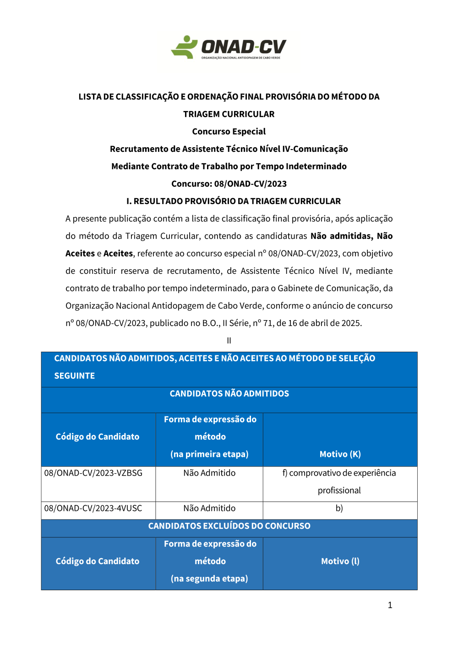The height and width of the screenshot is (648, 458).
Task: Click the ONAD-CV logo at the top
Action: coord(229,47)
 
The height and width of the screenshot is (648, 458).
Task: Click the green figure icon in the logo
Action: coord(184,47)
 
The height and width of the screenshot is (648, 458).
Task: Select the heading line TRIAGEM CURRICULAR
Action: coord(229,114)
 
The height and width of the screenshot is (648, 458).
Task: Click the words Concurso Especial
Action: coord(229,132)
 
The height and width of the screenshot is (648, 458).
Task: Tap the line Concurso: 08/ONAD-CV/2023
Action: coord(229,184)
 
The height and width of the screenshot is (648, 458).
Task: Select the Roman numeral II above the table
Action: coord(229,341)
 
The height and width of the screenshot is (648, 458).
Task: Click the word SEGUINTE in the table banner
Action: coord(75,376)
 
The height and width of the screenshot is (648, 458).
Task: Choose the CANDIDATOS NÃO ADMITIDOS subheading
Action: coord(229,394)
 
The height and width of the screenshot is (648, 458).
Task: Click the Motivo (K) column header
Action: coord(340,454)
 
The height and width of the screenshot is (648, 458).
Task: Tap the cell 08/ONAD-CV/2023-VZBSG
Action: coord(93,473)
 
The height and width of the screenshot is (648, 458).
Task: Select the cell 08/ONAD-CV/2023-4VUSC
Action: coord(93,509)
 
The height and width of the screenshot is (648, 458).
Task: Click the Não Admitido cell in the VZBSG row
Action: coord(209,473)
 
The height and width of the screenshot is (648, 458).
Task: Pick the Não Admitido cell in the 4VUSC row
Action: coord(209,509)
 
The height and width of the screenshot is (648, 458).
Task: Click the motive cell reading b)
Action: coord(339,509)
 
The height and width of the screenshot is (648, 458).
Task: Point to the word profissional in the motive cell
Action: coord(339,491)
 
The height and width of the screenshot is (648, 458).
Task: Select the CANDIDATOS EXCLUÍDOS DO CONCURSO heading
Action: coord(229,526)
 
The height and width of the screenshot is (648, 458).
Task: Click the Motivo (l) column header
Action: coord(340,561)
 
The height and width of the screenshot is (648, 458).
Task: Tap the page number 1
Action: coord(390,605)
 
